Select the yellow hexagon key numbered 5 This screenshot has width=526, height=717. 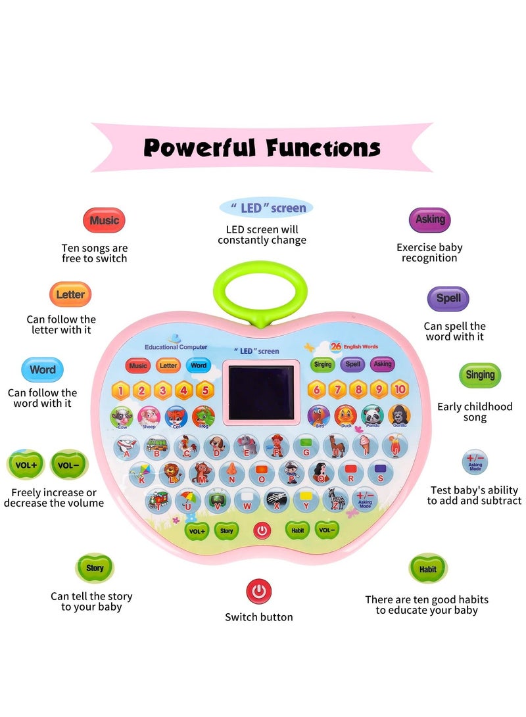click(204, 390)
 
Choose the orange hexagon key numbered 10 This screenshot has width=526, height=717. click(399, 390)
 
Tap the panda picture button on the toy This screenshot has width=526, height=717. click(371, 415)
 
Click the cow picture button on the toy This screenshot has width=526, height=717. click(122, 417)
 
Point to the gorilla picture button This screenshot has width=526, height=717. click(399, 415)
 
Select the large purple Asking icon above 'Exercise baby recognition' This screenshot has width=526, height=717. click(430, 220)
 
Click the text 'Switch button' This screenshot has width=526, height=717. click(259, 617)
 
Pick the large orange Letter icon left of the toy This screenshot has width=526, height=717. click(70, 294)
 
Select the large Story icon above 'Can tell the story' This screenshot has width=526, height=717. click(95, 568)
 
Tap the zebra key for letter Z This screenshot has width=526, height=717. click(335, 501)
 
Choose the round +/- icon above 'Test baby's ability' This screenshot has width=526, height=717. click(474, 461)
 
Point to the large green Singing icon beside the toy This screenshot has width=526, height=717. click(480, 375)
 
